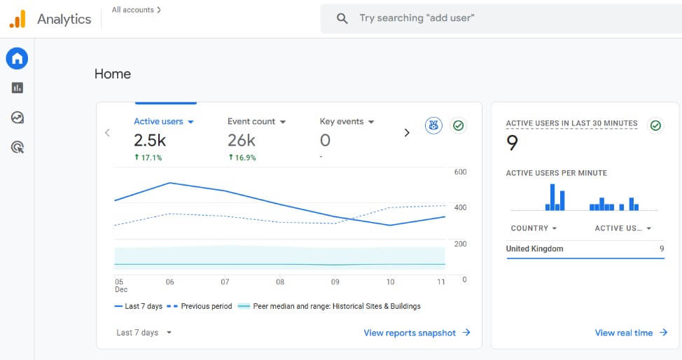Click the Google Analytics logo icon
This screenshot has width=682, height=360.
(x=18, y=19)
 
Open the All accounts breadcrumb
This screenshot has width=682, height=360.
(x=136, y=10)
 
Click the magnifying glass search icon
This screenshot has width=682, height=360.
(x=342, y=18)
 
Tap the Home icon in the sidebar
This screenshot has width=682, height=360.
(x=17, y=58)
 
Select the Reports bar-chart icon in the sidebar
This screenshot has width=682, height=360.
(x=18, y=88)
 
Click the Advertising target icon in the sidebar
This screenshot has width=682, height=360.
(x=18, y=147)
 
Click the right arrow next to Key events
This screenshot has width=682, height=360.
(x=407, y=132)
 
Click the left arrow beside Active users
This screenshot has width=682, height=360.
(x=107, y=132)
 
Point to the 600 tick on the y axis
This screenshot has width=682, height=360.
(x=460, y=172)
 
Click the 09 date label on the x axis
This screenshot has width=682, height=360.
(x=335, y=282)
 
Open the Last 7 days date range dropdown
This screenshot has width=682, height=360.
(x=144, y=333)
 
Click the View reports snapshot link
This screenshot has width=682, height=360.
(x=417, y=333)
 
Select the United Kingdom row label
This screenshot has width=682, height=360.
(x=534, y=249)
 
